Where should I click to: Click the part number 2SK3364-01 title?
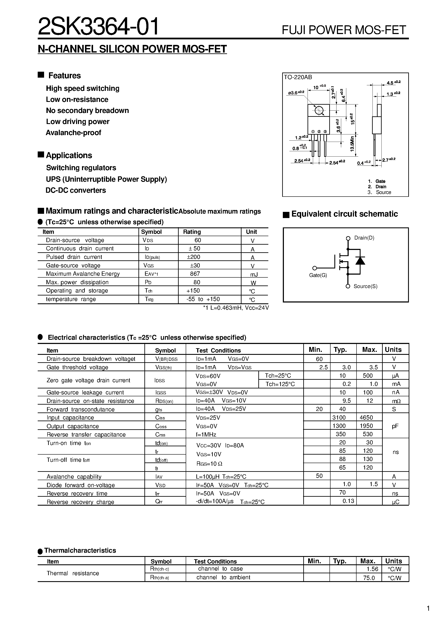point(98,27)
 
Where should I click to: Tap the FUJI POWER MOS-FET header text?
point(344,30)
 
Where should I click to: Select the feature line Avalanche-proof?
point(73,133)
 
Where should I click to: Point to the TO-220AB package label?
point(298,77)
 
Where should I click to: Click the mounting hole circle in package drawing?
point(319,110)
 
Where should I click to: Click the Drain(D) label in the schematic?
point(364,238)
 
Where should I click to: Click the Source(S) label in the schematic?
point(365,286)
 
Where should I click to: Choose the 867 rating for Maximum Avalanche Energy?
point(195,274)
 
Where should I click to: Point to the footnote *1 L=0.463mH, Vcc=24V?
point(236,308)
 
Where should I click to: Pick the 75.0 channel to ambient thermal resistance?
point(369,578)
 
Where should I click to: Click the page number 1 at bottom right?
point(428,608)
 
